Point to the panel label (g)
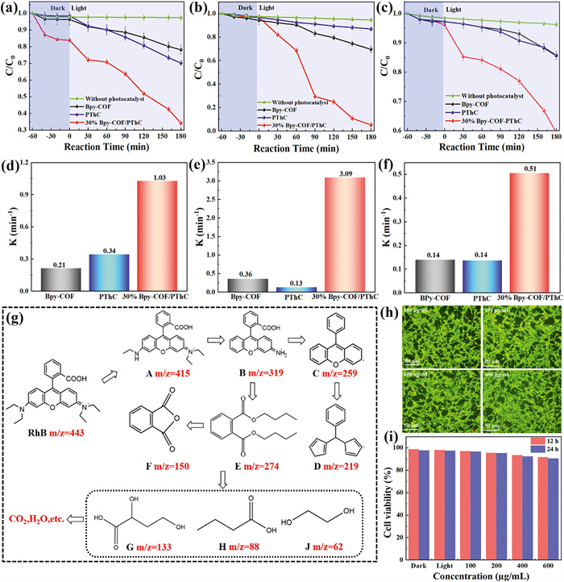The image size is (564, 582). pos(18,315)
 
